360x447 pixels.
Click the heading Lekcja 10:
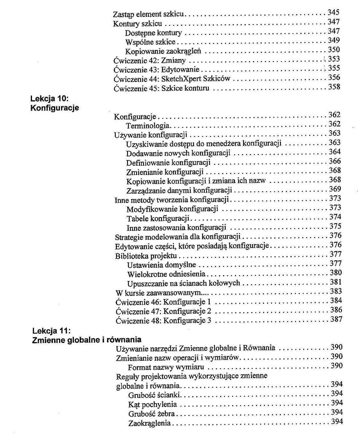pyautogui.click(x=49, y=99)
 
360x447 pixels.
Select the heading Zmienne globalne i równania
pyautogui.click(x=86, y=340)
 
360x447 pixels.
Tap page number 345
pyautogui.click(x=333, y=13)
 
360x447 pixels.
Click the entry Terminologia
pyautogui.click(x=148, y=126)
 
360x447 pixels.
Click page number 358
pyautogui.click(x=334, y=87)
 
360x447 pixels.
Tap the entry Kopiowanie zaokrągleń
pyautogui.click(x=163, y=52)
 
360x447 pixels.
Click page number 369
pyautogui.click(x=335, y=189)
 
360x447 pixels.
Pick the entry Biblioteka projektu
pyautogui.click(x=146, y=256)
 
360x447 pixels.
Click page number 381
pyautogui.click(x=335, y=282)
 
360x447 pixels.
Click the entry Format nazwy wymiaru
pyautogui.click(x=166, y=368)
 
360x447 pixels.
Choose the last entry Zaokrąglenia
pyautogui.click(x=149, y=424)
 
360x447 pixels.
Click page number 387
pyautogui.click(x=336, y=319)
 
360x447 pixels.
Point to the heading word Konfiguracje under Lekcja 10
pyautogui.click(x=54, y=108)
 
